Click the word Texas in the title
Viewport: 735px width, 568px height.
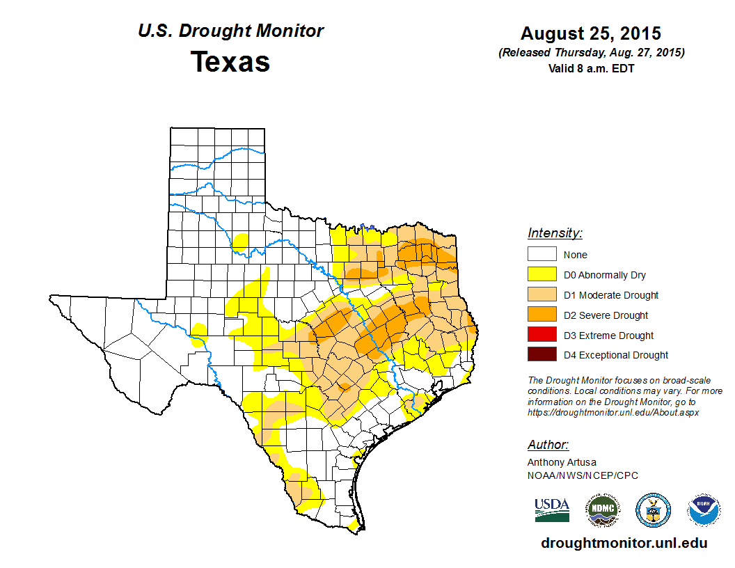pyautogui.click(x=230, y=62)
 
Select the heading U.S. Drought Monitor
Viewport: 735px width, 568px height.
pyautogui.click(x=230, y=31)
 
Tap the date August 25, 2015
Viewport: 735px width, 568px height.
pyautogui.click(x=591, y=33)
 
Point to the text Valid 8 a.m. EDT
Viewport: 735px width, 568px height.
pyautogui.click(x=591, y=68)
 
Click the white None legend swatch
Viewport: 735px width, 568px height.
pyautogui.click(x=542, y=255)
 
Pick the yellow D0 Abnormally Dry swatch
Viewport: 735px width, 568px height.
pyautogui.click(x=542, y=275)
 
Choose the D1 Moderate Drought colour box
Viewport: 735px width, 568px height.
pyautogui.click(x=542, y=295)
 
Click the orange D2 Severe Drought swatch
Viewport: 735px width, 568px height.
pyautogui.click(x=542, y=315)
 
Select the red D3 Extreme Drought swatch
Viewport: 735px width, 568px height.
pyautogui.click(x=542, y=335)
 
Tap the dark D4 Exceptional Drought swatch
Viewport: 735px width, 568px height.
pyautogui.click(x=542, y=355)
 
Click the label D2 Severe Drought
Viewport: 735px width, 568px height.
pyautogui.click(x=606, y=315)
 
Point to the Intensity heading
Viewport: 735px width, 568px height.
pyautogui.click(x=555, y=233)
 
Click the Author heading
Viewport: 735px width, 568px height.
pyautogui.click(x=548, y=445)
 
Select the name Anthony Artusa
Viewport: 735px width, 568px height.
pyautogui.click(x=562, y=462)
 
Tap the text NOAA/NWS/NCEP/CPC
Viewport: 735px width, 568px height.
pyautogui.click(x=583, y=475)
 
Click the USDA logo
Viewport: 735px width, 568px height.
pyautogui.click(x=552, y=510)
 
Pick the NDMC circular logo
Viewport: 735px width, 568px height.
pyautogui.click(x=602, y=510)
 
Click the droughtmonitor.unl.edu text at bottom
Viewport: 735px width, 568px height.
pyautogui.click(x=624, y=543)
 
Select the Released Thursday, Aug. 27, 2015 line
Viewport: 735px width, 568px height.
pyautogui.click(x=591, y=53)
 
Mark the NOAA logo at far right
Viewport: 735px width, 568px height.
pyautogui.click(x=704, y=510)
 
